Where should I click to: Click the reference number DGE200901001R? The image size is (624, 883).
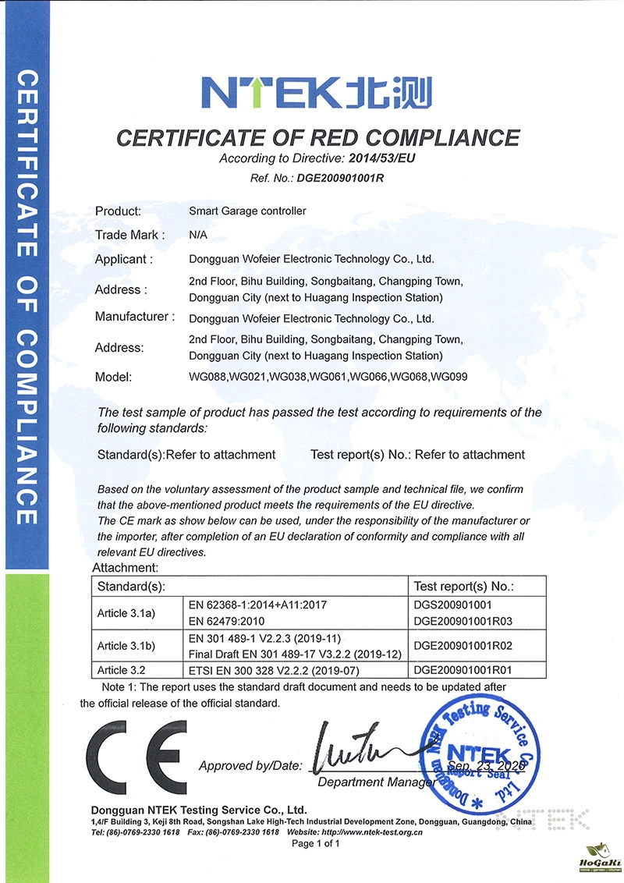(x=340, y=177)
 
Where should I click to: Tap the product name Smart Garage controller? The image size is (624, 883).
(x=248, y=211)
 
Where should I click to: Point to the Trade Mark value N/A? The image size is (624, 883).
(x=198, y=234)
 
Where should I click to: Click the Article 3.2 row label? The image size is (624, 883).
(x=122, y=669)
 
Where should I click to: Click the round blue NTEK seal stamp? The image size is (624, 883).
(x=477, y=754)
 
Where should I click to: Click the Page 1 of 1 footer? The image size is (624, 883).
(x=316, y=844)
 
